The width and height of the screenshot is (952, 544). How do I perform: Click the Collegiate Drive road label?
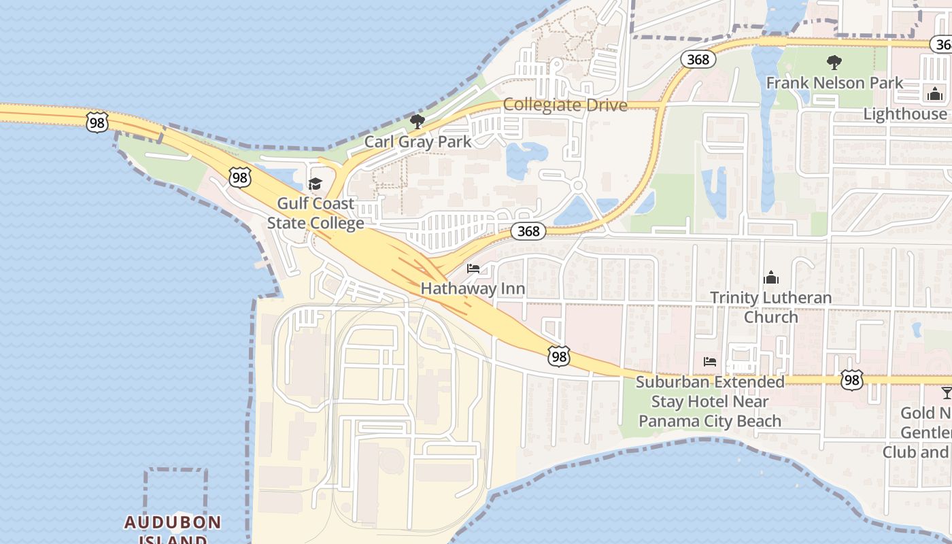[565, 105]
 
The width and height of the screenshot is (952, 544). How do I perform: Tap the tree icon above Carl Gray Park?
[418, 122]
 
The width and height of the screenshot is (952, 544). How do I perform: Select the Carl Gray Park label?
[418, 141]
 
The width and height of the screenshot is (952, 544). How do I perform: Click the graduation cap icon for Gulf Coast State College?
[315, 184]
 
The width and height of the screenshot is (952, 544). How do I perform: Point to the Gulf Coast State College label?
[316, 213]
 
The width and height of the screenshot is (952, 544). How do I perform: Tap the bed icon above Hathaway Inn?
[473, 269]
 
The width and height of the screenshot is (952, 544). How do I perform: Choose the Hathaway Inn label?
[473, 288]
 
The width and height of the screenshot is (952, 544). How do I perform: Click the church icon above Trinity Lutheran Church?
[770, 277]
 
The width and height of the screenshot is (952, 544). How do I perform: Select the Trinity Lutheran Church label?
[770, 307]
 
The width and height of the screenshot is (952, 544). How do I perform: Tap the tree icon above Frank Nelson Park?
[834, 63]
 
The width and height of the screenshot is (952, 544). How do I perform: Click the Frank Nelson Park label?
[834, 83]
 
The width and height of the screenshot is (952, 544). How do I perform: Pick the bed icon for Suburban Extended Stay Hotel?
[710, 362]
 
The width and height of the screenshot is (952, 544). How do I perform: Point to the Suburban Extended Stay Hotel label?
[710, 401]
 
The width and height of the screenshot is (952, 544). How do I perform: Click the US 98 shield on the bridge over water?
[97, 122]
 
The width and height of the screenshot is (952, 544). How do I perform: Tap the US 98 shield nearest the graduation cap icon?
[239, 177]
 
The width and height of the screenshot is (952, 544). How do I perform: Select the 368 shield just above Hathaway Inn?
[528, 231]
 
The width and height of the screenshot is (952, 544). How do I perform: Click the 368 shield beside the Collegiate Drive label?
[698, 59]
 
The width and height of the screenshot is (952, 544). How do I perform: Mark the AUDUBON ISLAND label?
[173, 529]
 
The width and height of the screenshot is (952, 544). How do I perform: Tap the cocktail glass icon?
[946, 392]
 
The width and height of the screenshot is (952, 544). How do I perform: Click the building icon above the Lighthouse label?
[934, 94]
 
